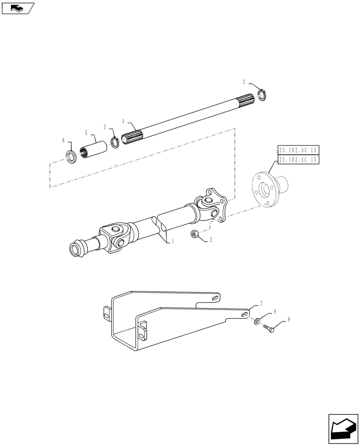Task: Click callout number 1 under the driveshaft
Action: (x=172, y=241)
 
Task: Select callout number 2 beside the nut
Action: (x=211, y=240)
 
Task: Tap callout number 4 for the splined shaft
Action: (x=123, y=121)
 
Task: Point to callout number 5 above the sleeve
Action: (x=86, y=132)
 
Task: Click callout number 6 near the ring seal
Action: (x=64, y=140)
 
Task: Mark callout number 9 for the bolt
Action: (x=288, y=320)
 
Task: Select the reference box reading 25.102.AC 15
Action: (x=299, y=159)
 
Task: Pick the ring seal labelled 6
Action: (x=71, y=157)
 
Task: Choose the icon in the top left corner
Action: (x=17, y=8)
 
